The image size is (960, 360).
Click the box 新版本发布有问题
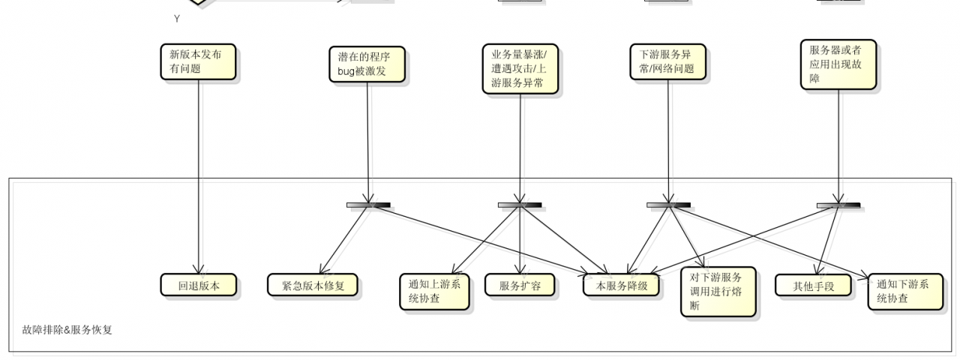tap(198, 61)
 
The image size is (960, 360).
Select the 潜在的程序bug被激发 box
tap(367, 65)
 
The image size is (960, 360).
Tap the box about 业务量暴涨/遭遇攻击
tap(520, 67)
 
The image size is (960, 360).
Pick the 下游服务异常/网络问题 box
tap(667, 62)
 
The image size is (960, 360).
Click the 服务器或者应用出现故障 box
tap(838, 65)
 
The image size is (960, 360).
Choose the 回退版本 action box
tap(199, 285)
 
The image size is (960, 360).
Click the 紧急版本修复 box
tap(313, 285)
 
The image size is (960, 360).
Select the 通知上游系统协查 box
tap(435, 292)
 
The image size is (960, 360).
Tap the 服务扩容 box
tap(520, 285)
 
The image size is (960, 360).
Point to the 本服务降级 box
tap(621, 285)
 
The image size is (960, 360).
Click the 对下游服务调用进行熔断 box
tap(718, 292)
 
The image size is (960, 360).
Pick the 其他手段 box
tap(813, 285)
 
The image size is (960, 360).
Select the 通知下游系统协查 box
tap(904, 292)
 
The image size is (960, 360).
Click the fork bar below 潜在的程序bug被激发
tap(367, 205)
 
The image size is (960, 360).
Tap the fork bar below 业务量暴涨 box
tap(520, 205)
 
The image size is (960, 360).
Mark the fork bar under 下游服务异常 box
tap(668, 205)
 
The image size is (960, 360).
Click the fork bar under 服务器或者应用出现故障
tap(838, 205)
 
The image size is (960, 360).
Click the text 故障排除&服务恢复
tap(67, 329)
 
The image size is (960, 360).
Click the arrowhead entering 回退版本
tap(199, 269)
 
